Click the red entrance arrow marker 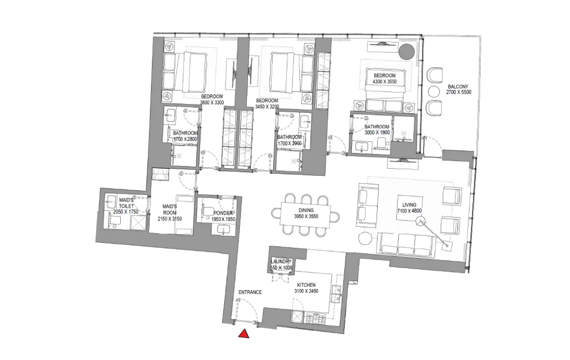pos(243,335)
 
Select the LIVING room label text pos(409,205)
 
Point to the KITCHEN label pos(306,285)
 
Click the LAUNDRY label pos(282,262)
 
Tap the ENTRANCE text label pos(250,292)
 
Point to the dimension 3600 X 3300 pos(212,102)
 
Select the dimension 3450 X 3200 pos(267,106)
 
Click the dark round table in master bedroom pos(407,51)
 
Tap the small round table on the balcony pos(433,91)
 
